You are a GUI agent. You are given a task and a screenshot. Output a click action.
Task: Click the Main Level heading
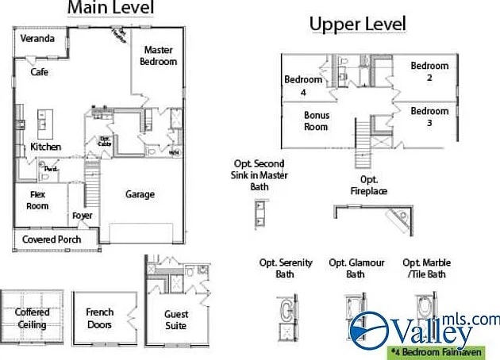click(x=111, y=9)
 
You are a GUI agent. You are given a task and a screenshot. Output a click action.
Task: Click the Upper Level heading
click(x=357, y=25)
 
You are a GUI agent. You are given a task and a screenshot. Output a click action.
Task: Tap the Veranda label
click(x=37, y=38)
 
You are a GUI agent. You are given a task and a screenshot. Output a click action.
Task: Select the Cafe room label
click(x=39, y=72)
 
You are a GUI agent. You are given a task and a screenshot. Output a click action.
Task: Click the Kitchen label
click(x=45, y=147)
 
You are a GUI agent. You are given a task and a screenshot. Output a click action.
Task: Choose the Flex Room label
click(x=39, y=201)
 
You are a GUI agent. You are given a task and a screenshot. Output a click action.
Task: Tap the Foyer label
click(x=82, y=215)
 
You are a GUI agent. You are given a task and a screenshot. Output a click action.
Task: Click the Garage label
click(x=140, y=194)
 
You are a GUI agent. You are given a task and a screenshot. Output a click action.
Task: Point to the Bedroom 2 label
click(x=429, y=71)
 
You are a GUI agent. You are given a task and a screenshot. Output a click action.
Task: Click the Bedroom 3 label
click(x=429, y=117)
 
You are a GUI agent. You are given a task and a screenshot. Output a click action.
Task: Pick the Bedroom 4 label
click(x=303, y=86)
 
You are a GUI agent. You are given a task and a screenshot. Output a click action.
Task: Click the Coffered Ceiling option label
click(x=32, y=319)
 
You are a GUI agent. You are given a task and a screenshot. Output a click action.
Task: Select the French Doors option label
click(x=100, y=319)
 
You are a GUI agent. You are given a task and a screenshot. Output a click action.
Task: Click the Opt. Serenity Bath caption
click(x=286, y=269)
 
